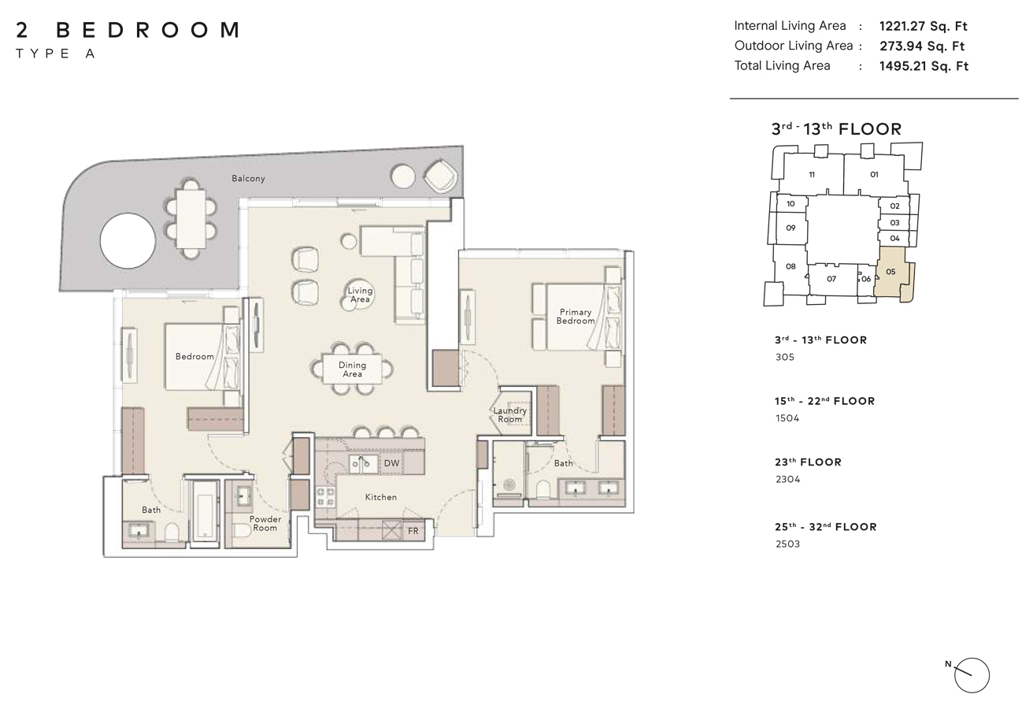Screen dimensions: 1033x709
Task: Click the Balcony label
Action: click(x=248, y=179)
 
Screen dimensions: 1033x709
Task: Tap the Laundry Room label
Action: click(x=509, y=414)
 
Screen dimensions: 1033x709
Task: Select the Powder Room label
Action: click(x=265, y=524)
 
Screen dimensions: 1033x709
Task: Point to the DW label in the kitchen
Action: click(x=391, y=463)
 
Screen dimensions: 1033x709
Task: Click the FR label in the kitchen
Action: click(x=413, y=531)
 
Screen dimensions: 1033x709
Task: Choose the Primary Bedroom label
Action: click(x=576, y=317)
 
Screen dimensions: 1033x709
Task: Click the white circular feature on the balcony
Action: click(x=128, y=241)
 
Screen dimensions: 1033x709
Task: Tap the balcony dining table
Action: click(x=191, y=219)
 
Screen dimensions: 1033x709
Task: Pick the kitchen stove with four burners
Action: click(x=325, y=497)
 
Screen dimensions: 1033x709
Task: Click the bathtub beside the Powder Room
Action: click(x=205, y=510)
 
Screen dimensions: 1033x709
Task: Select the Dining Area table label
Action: click(x=352, y=369)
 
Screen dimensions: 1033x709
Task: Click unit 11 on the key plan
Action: click(x=812, y=174)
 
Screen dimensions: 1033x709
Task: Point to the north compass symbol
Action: click(x=972, y=675)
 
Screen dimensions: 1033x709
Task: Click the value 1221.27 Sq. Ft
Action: click(x=924, y=26)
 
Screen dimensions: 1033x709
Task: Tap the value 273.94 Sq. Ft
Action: click(x=922, y=46)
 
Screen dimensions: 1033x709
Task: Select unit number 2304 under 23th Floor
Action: click(x=787, y=479)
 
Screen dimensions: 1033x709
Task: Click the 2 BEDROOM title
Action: click(x=128, y=30)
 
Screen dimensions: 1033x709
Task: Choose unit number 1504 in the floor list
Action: click(x=787, y=418)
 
